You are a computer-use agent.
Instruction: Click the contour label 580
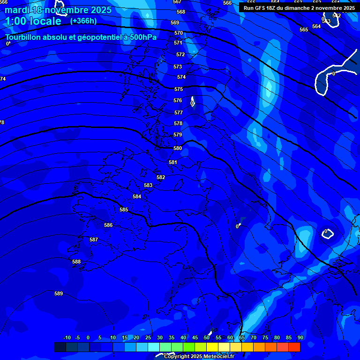click(x=178, y=148)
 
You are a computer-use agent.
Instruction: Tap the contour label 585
click(x=124, y=210)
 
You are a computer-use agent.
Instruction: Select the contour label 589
click(x=59, y=293)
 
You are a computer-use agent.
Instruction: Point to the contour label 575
click(x=179, y=89)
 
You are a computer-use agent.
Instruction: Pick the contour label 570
click(x=179, y=33)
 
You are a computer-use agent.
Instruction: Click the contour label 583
click(x=148, y=185)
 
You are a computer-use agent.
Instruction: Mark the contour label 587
click(x=94, y=240)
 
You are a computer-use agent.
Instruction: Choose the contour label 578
click(x=178, y=123)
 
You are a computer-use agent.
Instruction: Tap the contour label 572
click(x=180, y=54)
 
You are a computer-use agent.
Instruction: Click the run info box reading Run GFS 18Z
click(x=299, y=8)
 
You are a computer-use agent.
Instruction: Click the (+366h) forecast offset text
click(x=83, y=21)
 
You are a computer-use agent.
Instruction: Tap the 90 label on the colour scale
click(x=300, y=337)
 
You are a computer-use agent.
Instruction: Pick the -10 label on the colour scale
click(x=67, y=337)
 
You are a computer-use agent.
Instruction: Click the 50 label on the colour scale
click(x=207, y=337)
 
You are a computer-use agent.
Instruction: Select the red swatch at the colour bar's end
click(x=294, y=347)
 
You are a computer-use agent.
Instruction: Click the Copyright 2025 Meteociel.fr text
click(x=199, y=356)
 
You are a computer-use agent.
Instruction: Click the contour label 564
click(x=316, y=26)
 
